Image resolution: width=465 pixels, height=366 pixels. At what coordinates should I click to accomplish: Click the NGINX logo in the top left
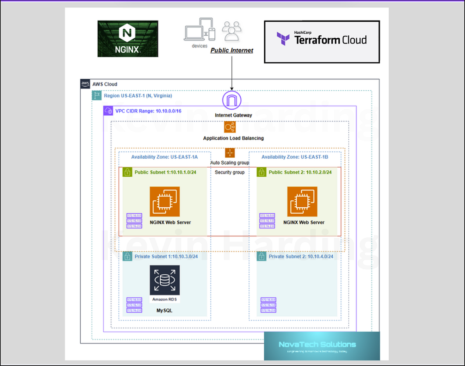point(128,39)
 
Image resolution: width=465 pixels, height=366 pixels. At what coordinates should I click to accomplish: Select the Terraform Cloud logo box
point(322,42)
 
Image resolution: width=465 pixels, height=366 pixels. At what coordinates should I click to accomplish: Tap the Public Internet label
point(232,50)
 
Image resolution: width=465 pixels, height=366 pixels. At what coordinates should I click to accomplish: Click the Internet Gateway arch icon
point(232,101)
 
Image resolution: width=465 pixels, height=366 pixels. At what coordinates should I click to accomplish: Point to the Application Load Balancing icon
point(230,127)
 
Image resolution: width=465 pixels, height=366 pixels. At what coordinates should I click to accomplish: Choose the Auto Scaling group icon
point(230,153)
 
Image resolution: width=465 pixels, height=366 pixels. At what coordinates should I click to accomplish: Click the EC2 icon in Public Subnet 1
point(165,201)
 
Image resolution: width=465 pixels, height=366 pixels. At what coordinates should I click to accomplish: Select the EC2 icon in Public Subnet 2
point(302,201)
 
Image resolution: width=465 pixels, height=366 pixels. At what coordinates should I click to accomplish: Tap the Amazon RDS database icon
point(165,280)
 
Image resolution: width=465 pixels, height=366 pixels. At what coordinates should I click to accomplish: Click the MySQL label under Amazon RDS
point(164,311)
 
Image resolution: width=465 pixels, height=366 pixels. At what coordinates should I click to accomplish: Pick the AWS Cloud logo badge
point(85,84)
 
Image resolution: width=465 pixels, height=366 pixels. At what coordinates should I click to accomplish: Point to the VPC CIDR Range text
point(148,111)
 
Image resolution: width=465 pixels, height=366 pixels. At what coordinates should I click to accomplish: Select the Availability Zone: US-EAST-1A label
point(164,157)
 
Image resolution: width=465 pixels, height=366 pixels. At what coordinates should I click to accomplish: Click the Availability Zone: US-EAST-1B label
point(295,157)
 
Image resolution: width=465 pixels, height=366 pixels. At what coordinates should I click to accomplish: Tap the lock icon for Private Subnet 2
point(262,256)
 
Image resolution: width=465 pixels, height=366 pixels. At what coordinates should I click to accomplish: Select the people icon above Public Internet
point(232,30)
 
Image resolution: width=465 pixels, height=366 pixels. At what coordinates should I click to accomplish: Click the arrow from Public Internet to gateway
point(232,72)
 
